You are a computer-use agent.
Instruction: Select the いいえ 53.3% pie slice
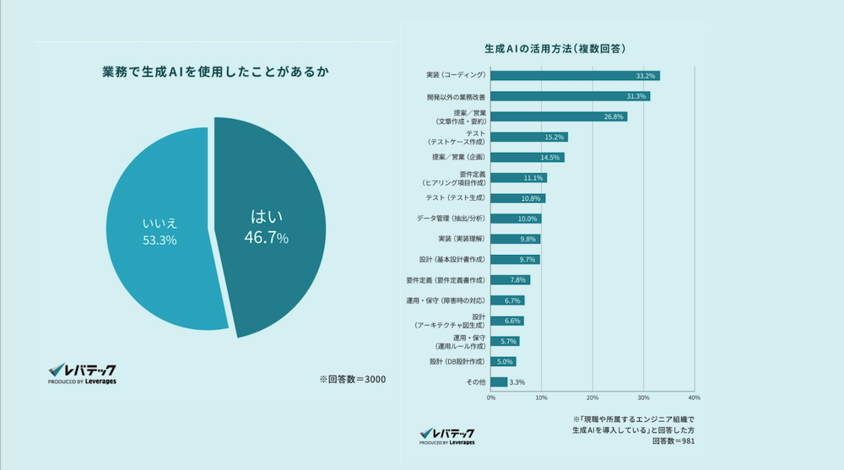click(156, 232)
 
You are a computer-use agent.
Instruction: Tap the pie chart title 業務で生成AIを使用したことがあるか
click(210, 73)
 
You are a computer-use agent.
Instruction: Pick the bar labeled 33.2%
click(575, 76)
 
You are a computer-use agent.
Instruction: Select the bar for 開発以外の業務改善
click(571, 96)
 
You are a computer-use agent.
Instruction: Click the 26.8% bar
click(559, 116)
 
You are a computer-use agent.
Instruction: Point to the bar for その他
click(500, 381)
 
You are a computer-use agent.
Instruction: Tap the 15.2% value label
click(554, 137)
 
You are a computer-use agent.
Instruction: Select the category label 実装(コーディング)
click(457, 76)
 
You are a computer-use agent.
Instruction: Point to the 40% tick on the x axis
click(695, 397)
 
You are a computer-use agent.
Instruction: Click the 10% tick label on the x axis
click(542, 397)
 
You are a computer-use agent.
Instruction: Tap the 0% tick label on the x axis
click(491, 397)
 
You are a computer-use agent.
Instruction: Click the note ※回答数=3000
click(352, 379)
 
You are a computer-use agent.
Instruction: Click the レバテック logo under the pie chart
click(82, 373)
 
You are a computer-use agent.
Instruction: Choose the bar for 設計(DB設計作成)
click(503, 361)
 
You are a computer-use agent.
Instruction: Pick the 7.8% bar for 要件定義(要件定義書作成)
click(510, 279)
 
